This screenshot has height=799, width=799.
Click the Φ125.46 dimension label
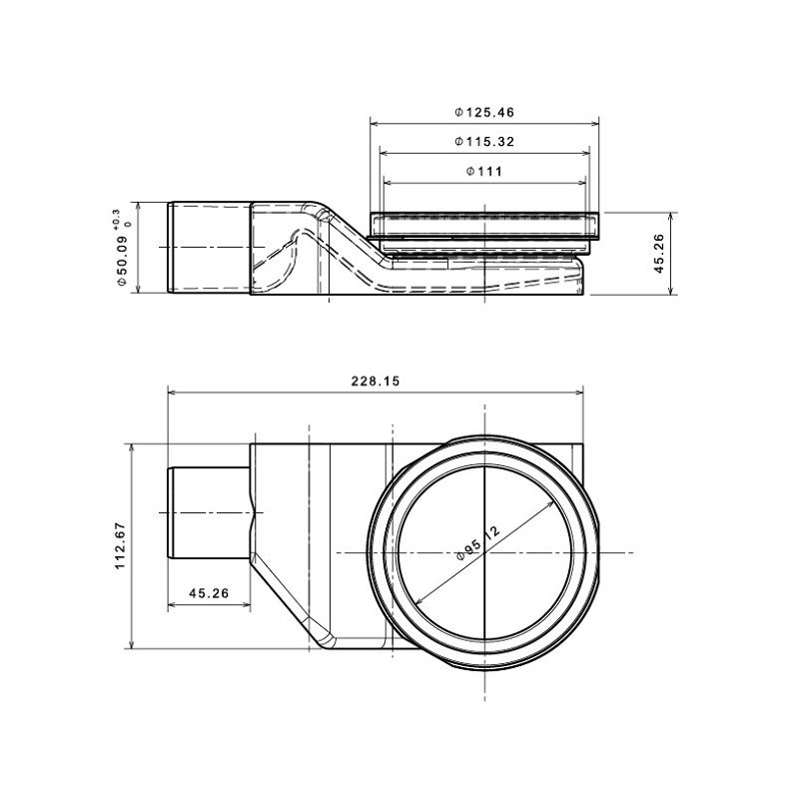tap(484, 112)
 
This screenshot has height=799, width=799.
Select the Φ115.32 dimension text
tap(484, 142)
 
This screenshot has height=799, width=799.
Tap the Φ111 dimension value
tap(484, 171)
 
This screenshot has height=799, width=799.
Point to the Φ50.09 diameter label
tap(122, 261)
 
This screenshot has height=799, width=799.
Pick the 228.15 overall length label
tap(376, 382)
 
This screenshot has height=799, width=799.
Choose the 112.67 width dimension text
tap(120, 545)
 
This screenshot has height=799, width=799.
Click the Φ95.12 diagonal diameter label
tap(478, 543)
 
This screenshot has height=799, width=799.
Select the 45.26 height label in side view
tap(659, 254)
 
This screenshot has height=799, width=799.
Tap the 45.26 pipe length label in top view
tap(209, 593)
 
